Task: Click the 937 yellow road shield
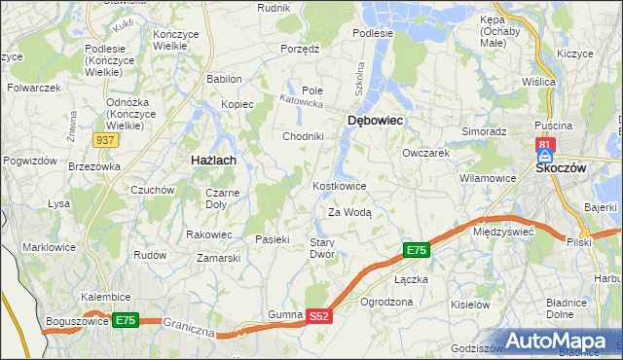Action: (107, 141)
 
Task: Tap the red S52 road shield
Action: (320, 316)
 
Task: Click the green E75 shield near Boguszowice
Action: (126, 319)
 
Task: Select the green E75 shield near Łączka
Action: (416, 251)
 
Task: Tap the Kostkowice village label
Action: (339, 186)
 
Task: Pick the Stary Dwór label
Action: (322, 248)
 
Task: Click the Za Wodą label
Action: (349, 211)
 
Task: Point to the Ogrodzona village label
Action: (386, 302)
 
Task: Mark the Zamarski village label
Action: (218, 258)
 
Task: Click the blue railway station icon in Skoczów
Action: (545, 156)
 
